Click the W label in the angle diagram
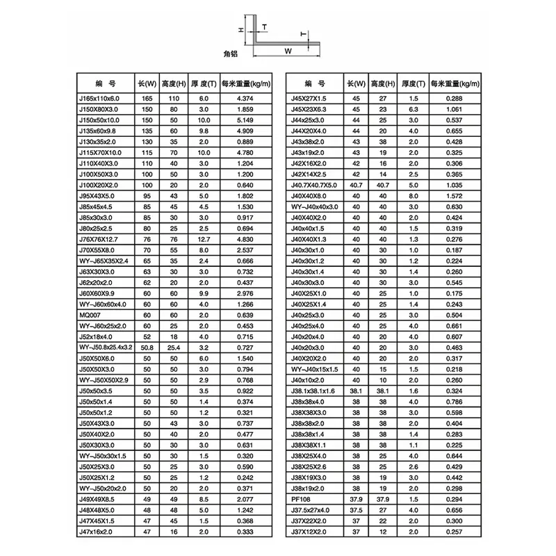click(x=288, y=50)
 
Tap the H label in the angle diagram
click(x=240, y=30)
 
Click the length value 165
click(x=147, y=99)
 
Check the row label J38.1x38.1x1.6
click(x=313, y=392)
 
